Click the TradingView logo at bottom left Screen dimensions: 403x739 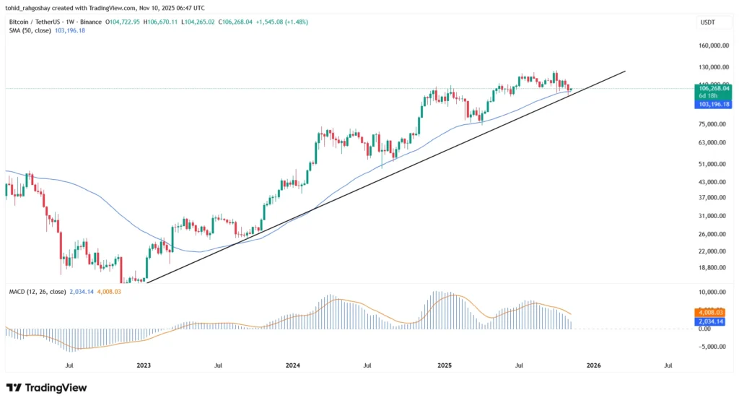pyautogui.click(x=46, y=388)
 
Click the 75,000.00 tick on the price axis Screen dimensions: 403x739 pyautogui.click(x=712, y=124)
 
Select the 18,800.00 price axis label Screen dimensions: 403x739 pyautogui.click(x=712, y=267)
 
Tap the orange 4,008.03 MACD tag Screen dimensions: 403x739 pyautogui.click(x=712, y=312)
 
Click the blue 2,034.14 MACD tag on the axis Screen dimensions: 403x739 pyautogui.click(x=712, y=321)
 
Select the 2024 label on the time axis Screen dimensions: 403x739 pyautogui.click(x=292, y=366)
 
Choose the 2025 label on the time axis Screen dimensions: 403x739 pyautogui.click(x=445, y=366)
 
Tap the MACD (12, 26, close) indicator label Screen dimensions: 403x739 pyautogui.click(x=35, y=291)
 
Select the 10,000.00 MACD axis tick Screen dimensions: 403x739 pyautogui.click(x=712, y=292)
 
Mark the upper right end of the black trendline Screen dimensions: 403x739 pyautogui.click(x=625, y=71)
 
